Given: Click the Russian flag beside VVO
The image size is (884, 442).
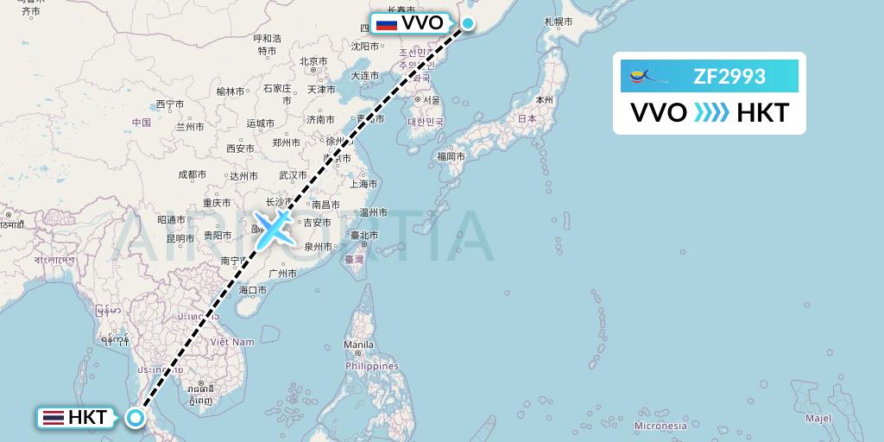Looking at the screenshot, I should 386,23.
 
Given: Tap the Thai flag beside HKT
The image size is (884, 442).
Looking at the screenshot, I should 53,418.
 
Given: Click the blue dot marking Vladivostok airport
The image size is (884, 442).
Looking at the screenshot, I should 467,23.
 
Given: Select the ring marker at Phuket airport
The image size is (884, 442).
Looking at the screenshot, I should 136,418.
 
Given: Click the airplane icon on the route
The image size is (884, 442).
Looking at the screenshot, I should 274,228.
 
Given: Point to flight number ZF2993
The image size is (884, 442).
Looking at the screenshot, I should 729,77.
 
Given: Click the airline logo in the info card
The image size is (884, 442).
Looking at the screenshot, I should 646,77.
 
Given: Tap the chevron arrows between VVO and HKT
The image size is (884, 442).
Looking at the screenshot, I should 711,113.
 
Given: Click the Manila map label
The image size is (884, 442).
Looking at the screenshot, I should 359,345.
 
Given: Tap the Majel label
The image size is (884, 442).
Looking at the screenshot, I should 818,418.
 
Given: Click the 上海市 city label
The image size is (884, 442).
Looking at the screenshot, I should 363,183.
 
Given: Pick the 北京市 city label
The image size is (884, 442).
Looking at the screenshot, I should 313,61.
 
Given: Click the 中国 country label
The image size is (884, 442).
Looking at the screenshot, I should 142,123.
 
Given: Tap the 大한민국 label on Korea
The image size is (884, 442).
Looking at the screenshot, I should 425,121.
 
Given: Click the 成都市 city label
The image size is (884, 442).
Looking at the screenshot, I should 192,175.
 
